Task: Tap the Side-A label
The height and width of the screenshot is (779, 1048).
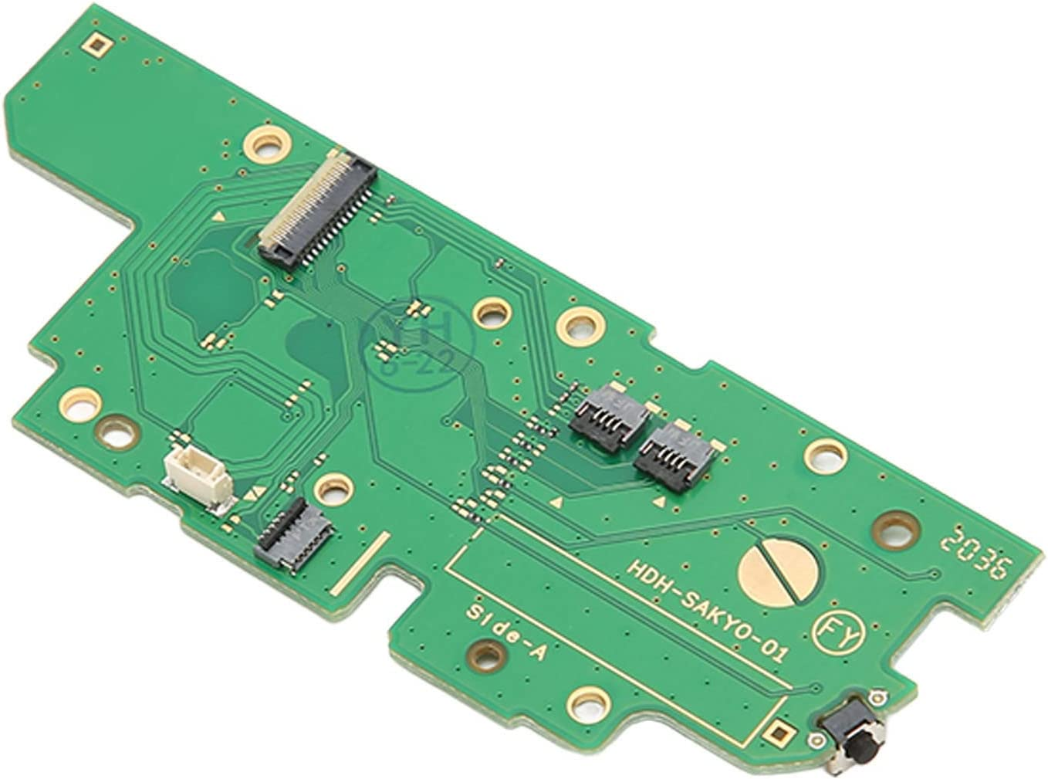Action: (x=506, y=631)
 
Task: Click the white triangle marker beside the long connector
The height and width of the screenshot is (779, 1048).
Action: (x=220, y=218)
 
